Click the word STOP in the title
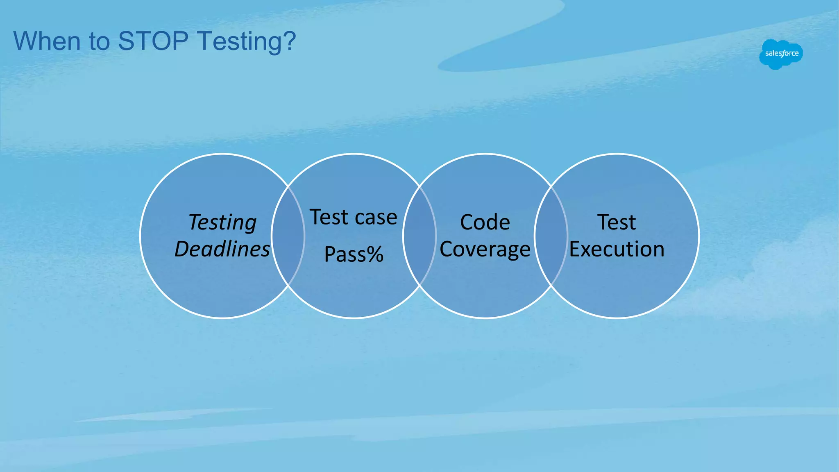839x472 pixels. [153, 41]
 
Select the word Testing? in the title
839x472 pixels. [246, 42]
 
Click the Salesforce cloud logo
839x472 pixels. [781, 54]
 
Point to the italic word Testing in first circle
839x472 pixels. [222, 223]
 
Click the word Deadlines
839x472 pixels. [222, 249]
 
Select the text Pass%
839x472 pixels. [354, 254]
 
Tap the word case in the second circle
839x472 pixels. [376, 217]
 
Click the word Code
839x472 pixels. [485, 222]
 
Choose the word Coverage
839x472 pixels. [485, 249]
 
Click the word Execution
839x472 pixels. [617, 249]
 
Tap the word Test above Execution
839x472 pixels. [617, 222]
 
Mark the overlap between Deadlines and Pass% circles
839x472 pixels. [288, 236]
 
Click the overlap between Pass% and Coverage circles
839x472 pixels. [419, 236]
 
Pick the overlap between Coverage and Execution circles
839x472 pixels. [551, 236]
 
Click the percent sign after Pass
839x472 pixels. [375, 254]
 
